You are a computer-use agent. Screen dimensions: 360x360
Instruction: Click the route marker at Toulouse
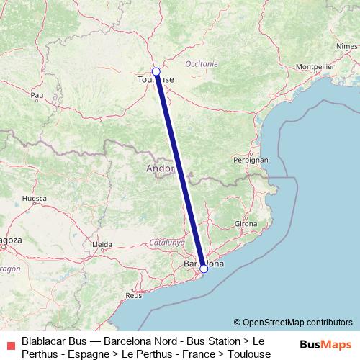coord(156,71)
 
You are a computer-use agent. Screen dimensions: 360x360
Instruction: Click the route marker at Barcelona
coord(204,269)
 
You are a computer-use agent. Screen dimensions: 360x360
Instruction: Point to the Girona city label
coord(246,225)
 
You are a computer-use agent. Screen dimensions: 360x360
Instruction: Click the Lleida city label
coord(102,244)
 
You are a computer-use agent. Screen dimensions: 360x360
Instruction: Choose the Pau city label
coord(37,94)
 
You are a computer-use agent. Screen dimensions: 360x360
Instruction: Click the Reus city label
coord(134,295)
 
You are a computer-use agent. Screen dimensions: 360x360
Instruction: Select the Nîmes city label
coord(346,46)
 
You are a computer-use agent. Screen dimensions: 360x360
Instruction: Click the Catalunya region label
coord(164,243)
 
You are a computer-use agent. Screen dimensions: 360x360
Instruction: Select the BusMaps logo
coord(325,345)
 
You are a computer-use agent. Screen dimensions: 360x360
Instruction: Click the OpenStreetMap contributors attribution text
coord(293,322)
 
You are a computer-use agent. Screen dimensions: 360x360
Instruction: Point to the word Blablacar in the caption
coord(45,340)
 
